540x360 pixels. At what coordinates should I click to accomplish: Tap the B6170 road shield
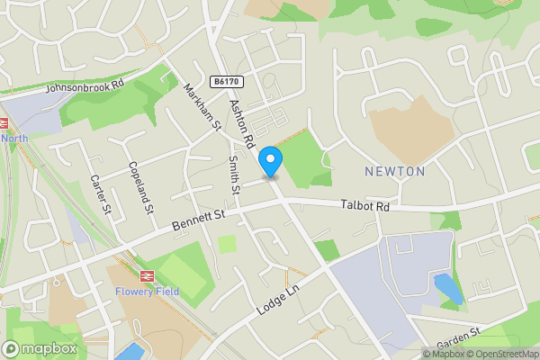coord(226,82)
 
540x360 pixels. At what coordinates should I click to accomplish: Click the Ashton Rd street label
coord(242,125)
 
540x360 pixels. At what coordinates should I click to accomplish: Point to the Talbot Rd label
coord(365,206)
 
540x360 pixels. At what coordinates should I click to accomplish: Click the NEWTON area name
coord(394,171)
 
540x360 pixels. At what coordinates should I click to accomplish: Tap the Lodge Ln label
coord(275,295)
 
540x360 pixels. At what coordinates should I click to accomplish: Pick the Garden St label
coord(460,339)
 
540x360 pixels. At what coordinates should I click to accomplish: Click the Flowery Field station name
coord(147,291)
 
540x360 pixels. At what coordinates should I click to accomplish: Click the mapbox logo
coord(39,348)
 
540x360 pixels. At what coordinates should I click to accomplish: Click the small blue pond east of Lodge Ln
coord(447,289)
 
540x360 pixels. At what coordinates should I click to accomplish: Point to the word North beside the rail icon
coord(14,138)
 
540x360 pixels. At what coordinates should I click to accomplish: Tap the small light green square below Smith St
coord(228,243)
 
